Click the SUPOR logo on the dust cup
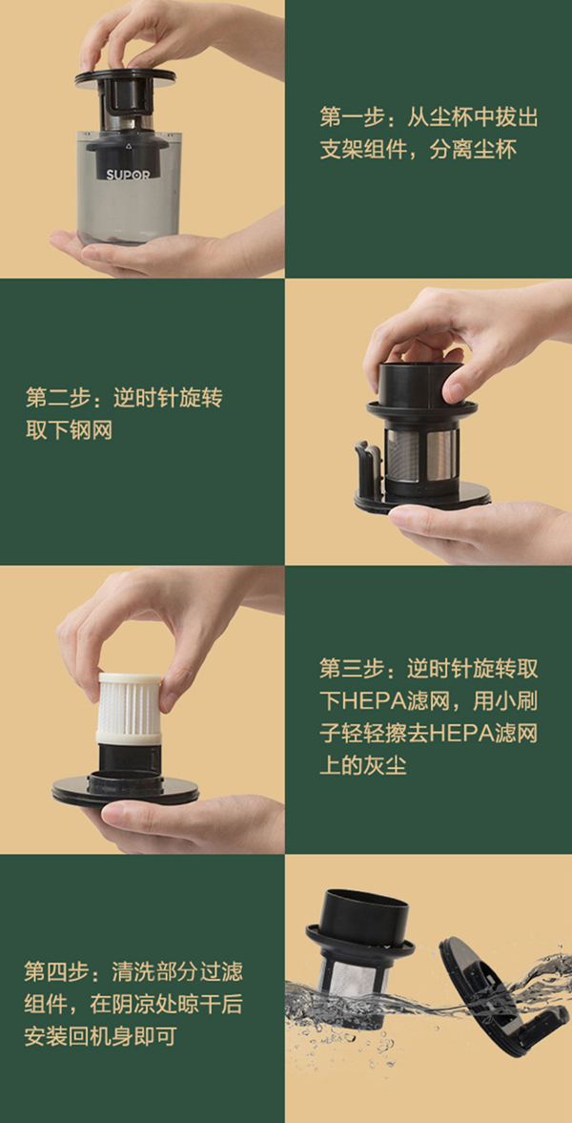coord(128,175)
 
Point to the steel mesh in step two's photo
coord(421,455)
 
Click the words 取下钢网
coord(69,430)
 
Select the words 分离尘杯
coord(473,150)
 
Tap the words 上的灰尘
coord(363,765)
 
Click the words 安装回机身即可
coord(100,1036)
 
